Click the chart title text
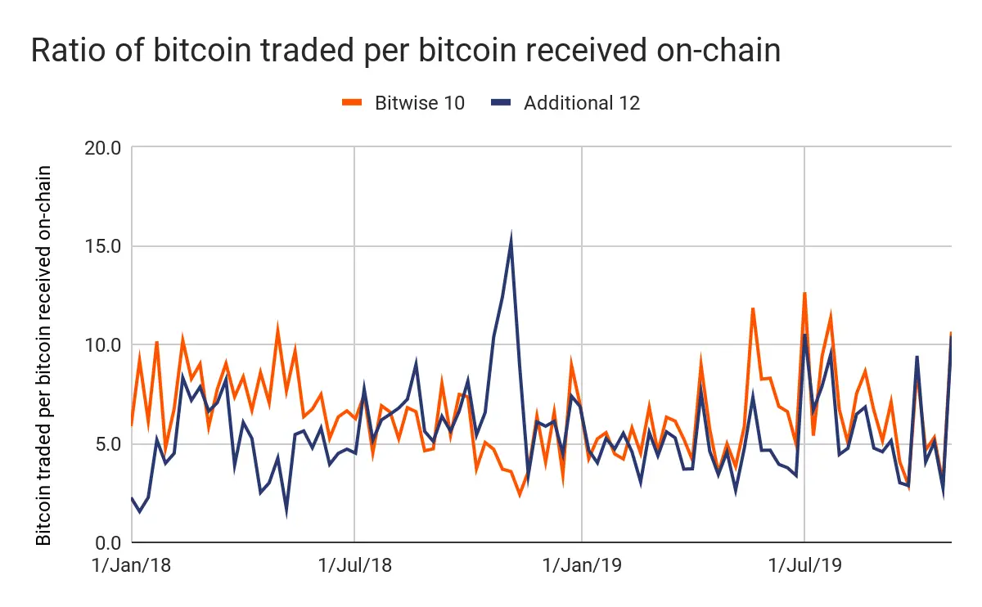(x=405, y=51)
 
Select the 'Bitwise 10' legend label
(x=420, y=103)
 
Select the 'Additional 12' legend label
(x=582, y=103)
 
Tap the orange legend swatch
(x=353, y=103)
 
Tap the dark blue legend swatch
(x=501, y=103)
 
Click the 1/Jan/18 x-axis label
(x=132, y=566)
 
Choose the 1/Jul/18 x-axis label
(x=354, y=566)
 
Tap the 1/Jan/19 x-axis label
(x=581, y=566)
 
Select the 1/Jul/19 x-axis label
(x=805, y=566)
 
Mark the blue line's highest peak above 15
(x=511, y=237)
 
